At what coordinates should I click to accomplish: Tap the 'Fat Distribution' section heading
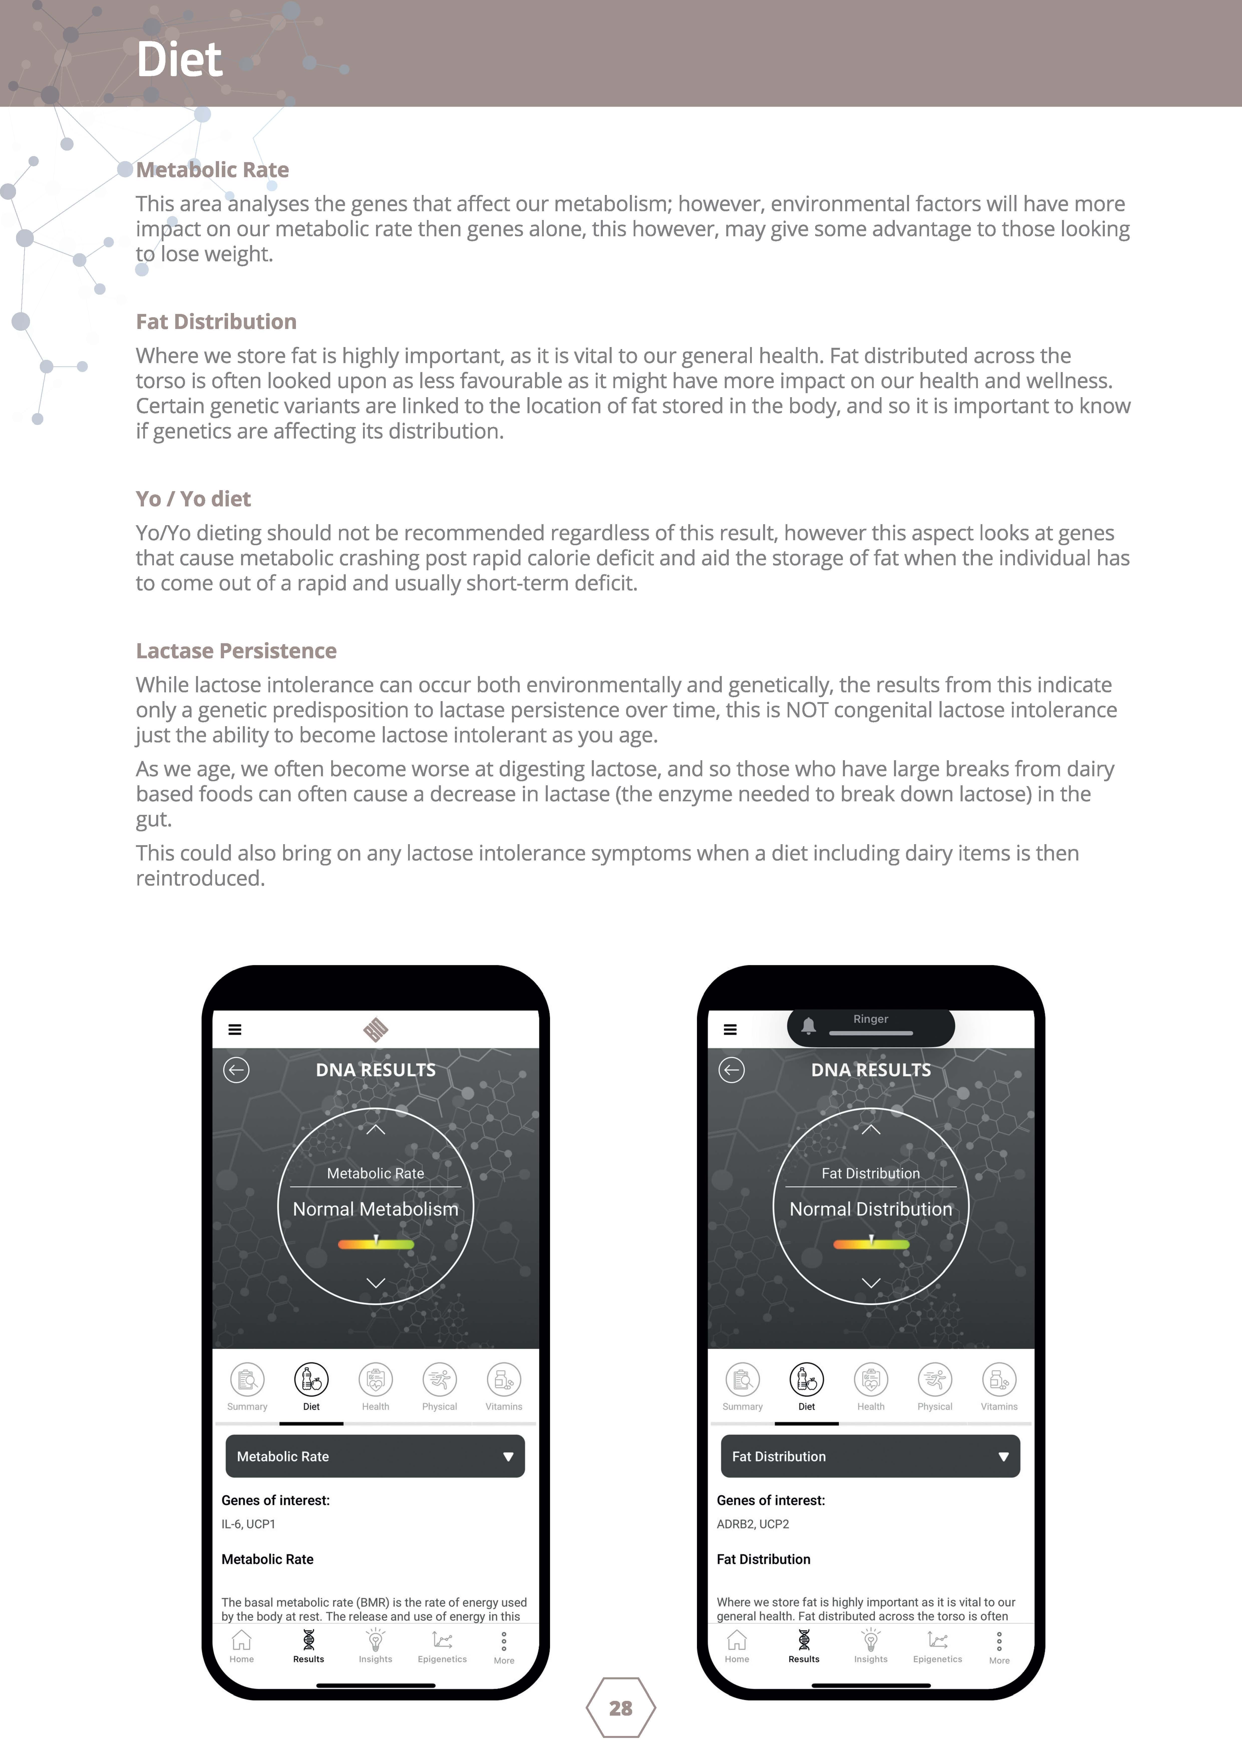[216, 321]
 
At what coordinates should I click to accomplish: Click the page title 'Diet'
[179, 60]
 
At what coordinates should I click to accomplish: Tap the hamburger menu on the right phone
[730, 1030]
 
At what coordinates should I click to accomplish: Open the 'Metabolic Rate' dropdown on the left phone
[375, 1456]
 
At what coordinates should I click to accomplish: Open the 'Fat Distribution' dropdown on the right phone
[870, 1456]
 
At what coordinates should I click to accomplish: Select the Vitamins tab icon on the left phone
[503, 1380]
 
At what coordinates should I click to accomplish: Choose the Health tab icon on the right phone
[871, 1380]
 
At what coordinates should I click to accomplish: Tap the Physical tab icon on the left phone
[439, 1380]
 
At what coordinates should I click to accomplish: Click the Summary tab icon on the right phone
[742, 1380]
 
